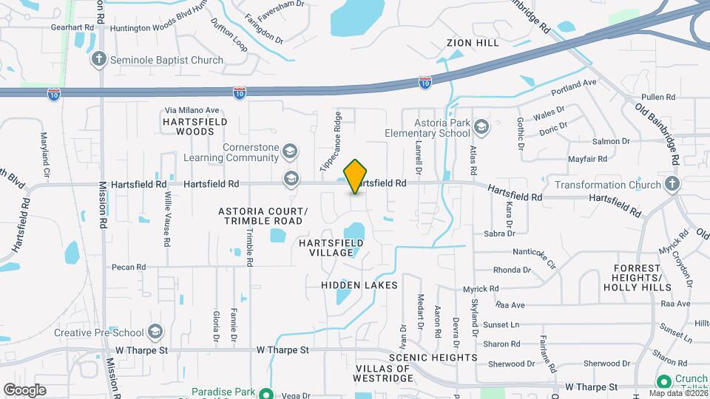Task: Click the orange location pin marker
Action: [356, 176]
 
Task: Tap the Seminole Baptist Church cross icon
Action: [100, 58]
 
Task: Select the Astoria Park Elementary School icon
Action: [482, 127]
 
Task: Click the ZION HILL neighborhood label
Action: [473, 44]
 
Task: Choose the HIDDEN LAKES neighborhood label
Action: [359, 285]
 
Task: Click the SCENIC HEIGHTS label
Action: [439, 358]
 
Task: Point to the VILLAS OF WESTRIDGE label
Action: [384, 373]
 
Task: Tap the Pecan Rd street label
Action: [129, 267]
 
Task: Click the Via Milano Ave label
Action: [192, 111]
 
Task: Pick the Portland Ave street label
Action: [574, 87]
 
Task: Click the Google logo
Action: [24, 389]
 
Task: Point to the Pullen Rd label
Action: [659, 97]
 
